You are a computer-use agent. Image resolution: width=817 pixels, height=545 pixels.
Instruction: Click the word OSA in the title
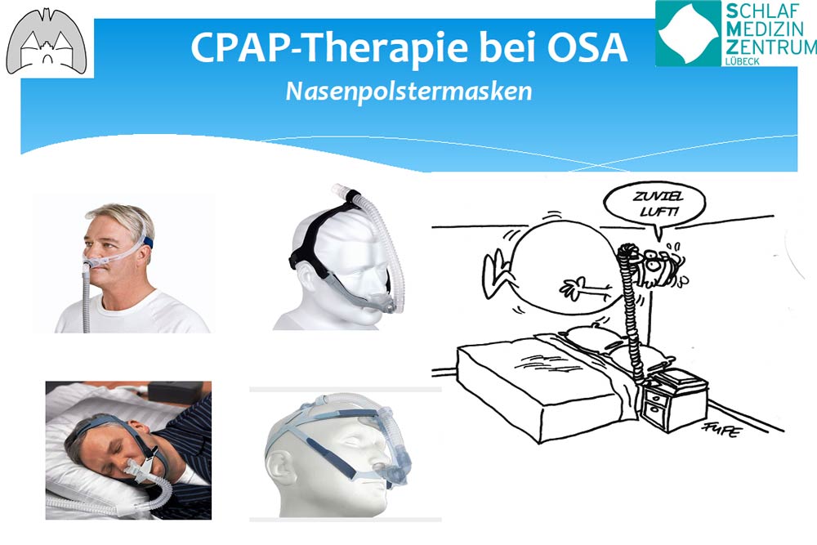(587, 47)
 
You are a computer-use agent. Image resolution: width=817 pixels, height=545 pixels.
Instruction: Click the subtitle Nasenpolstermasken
(409, 92)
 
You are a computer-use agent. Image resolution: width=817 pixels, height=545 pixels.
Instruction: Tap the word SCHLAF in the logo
(762, 10)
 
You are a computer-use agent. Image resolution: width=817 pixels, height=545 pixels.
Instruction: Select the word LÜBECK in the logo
(743, 61)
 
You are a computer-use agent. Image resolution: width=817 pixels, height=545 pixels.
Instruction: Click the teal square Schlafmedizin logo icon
(688, 34)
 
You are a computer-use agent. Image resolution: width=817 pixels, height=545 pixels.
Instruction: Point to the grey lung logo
(47, 42)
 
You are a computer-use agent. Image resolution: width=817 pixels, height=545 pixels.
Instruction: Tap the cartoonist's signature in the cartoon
(721, 429)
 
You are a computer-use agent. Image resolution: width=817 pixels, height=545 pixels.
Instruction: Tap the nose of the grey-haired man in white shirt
(88, 255)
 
